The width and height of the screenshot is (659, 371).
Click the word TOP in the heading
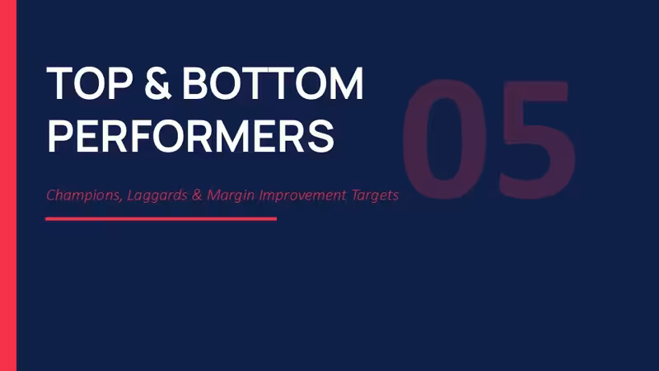90,83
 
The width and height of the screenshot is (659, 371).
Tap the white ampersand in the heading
157,83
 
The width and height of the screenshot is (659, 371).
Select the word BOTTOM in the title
273,83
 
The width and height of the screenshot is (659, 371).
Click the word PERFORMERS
190,136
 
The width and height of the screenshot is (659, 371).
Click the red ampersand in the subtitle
197,195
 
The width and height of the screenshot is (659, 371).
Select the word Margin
231,195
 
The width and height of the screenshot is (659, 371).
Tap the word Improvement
302,195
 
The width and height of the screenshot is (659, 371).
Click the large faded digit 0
445,138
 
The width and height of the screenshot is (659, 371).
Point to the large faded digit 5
537,139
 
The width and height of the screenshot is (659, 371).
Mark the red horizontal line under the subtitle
161,218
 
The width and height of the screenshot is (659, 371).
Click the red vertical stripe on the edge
8,185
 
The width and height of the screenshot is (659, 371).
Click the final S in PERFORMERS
321,136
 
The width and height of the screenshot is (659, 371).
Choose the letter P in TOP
122,83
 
